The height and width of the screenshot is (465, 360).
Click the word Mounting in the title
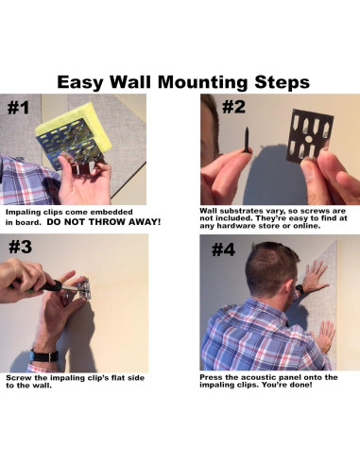202,82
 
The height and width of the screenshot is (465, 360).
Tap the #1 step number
18,108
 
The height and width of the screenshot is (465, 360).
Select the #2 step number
233,107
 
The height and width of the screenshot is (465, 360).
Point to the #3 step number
20,247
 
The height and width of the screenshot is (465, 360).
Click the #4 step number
223,250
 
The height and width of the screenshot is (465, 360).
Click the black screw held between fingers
247,141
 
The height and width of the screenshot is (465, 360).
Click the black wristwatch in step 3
44,355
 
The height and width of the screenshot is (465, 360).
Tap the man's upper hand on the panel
314,277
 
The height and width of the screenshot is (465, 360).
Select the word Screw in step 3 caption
16,378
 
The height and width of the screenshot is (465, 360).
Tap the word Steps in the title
282,82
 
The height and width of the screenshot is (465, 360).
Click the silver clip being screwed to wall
82,287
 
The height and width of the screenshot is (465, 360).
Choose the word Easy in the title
80,82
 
